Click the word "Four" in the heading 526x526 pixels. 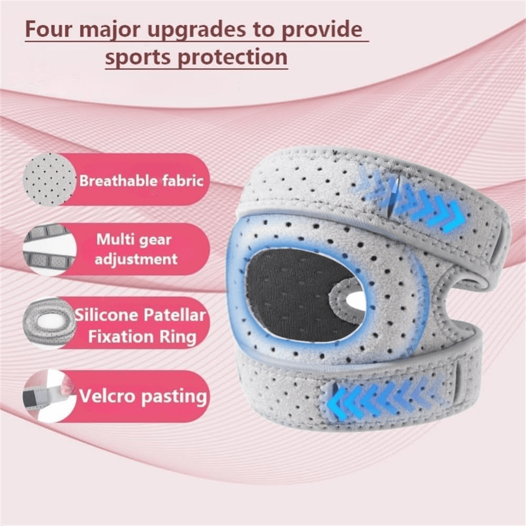(x=49, y=29)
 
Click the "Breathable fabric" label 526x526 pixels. (x=141, y=181)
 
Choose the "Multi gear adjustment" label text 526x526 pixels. (x=136, y=249)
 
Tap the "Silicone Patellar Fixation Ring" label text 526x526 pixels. (x=141, y=326)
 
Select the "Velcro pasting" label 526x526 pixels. (x=143, y=396)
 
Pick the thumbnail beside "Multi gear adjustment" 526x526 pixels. (x=49, y=250)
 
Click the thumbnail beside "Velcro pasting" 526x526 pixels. (x=47, y=396)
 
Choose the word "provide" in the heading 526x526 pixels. (x=322, y=30)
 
